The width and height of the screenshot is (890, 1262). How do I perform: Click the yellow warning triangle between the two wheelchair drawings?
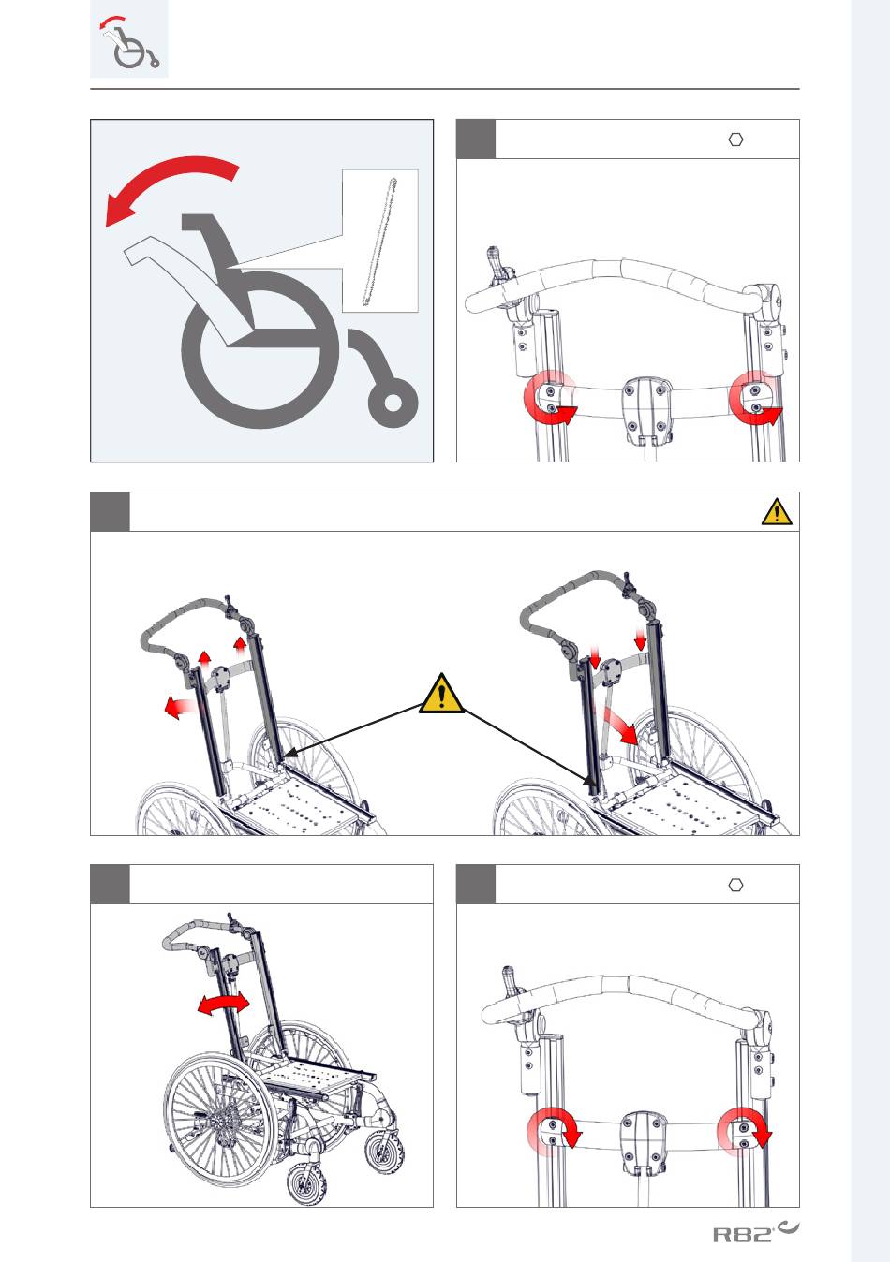(441, 694)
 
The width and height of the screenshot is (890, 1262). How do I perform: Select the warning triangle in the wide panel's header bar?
(777, 511)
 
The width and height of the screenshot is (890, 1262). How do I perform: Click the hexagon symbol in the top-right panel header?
(735, 139)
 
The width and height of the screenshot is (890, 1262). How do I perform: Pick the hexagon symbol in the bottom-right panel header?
(735, 885)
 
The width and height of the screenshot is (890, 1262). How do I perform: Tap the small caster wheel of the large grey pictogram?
(393, 403)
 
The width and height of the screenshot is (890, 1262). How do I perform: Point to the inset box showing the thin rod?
(380, 241)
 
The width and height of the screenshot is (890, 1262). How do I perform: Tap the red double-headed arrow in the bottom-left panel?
(223, 1005)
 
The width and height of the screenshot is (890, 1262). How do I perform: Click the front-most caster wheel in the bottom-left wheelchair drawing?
(307, 1185)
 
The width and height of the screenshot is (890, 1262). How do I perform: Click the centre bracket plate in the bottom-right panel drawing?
(642, 1145)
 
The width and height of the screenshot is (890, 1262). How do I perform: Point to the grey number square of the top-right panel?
(476, 139)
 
